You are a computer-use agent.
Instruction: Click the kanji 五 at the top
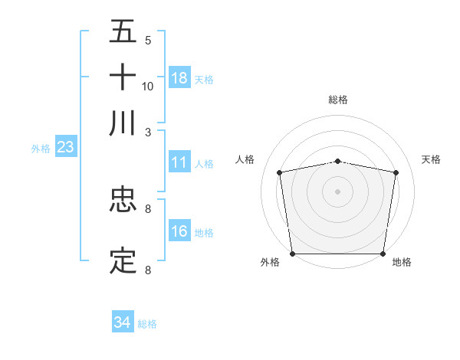click(x=123, y=33)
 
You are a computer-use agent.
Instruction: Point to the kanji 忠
click(x=123, y=200)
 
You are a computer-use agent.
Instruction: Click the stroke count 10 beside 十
click(x=148, y=87)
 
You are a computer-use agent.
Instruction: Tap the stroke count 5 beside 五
click(x=148, y=41)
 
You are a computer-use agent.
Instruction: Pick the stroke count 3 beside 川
click(x=148, y=131)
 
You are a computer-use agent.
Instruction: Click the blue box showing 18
click(x=179, y=77)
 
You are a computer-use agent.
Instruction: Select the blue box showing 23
click(x=65, y=147)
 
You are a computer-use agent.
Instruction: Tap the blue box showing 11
click(x=179, y=162)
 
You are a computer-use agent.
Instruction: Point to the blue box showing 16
click(x=179, y=231)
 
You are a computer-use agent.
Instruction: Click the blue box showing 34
click(x=122, y=322)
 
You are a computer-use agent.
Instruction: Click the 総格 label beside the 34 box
click(x=147, y=324)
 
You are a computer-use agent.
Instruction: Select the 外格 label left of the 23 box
click(x=41, y=149)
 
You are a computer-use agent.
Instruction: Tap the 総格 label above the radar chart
click(x=338, y=100)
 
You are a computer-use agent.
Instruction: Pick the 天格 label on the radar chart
click(x=432, y=159)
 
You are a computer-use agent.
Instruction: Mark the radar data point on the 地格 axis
click(x=383, y=254)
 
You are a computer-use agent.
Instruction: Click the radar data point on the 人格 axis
click(x=280, y=172)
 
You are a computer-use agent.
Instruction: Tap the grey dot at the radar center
click(x=338, y=191)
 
